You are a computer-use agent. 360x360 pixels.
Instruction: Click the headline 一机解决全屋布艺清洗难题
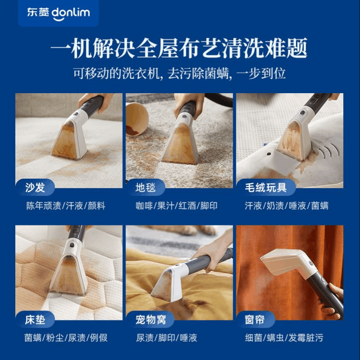pyautogui.click(x=180, y=48)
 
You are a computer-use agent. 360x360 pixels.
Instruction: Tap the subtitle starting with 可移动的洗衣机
pyautogui.click(x=180, y=73)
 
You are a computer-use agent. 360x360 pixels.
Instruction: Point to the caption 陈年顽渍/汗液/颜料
pyautogui.click(x=66, y=206)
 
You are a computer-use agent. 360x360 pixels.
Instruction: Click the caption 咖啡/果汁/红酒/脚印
pyautogui.click(x=176, y=206)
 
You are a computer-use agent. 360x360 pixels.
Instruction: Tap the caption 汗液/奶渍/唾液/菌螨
pyautogui.click(x=287, y=206)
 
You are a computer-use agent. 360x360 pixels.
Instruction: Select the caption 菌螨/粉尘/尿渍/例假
pyautogui.click(x=66, y=337)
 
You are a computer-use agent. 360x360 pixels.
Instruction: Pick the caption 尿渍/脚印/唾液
pyautogui.click(x=166, y=337)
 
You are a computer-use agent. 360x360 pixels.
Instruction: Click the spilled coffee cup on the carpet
pyautogui.click(x=137, y=118)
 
